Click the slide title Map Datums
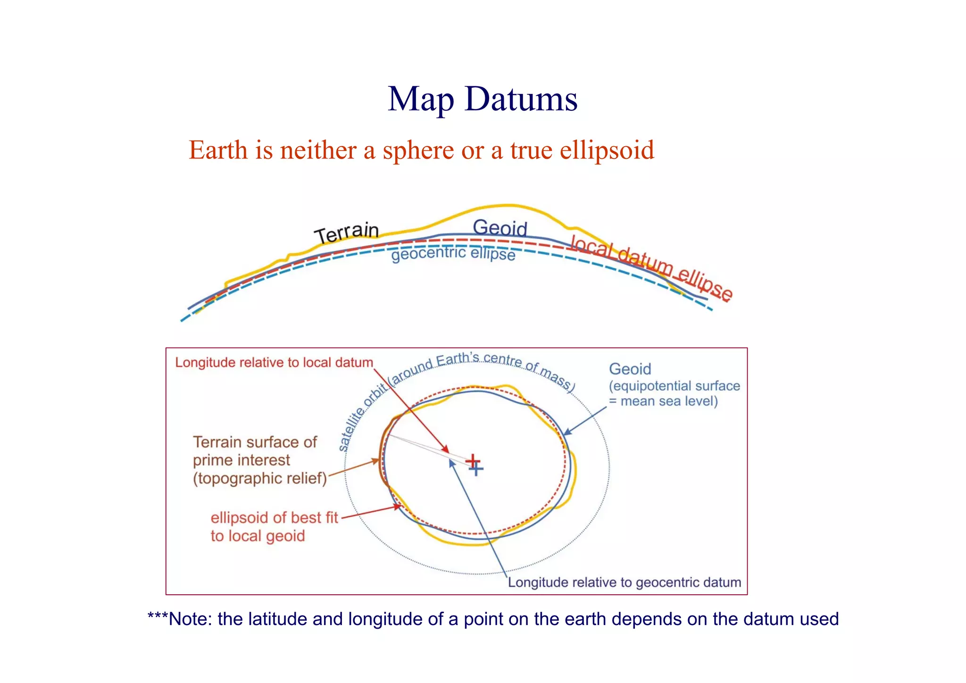(483, 99)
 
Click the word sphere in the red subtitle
(418, 151)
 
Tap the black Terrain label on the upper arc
(347, 233)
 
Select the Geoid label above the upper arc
(500, 228)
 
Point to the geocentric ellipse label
(453, 254)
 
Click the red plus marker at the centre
(473, 461)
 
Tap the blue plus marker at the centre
(476, 469)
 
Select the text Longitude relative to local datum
(274, 363)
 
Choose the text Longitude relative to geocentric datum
(625, 583)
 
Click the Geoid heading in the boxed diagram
(630, 369)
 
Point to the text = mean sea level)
(663, 401)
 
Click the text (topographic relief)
(260, 478)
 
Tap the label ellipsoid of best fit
(274, 518)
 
